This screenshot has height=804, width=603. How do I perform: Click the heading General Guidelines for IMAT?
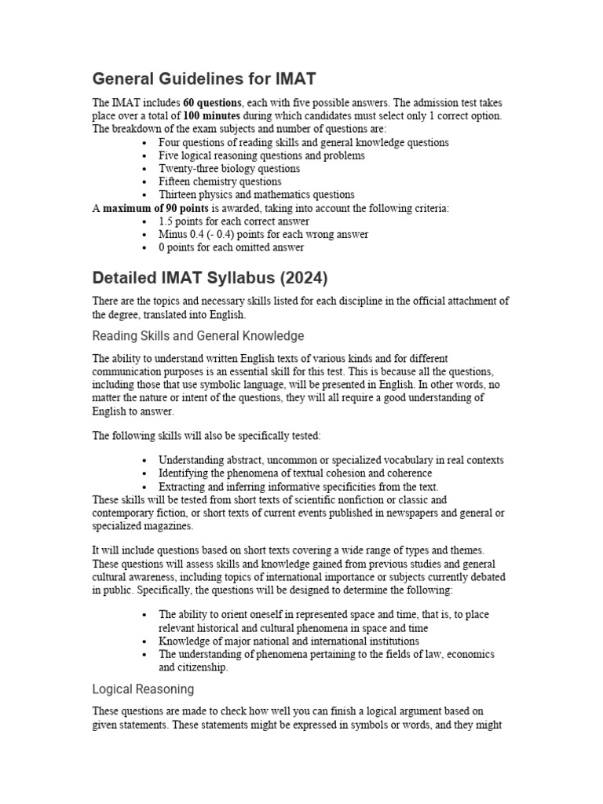(204, 79)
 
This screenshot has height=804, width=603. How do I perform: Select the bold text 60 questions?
(212, 104)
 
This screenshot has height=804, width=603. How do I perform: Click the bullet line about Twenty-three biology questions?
(228, 169)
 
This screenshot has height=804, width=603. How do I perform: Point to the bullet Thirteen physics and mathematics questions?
(256, 195)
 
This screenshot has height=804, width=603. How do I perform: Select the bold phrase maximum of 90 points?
(155, 208)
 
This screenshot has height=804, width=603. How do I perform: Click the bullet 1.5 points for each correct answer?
(233, 221)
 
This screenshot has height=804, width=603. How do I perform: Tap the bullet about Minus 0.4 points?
(252, 234)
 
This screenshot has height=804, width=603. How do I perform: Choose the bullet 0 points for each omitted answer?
(231, 247)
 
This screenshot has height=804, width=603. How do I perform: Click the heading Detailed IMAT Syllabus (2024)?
(210, 278)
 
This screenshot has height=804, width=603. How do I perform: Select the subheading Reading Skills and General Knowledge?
(198, 336)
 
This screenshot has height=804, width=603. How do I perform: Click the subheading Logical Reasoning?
(143, 689)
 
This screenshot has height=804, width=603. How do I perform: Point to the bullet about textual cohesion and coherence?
(295, 473)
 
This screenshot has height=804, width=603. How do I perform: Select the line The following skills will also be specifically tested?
(206, 436)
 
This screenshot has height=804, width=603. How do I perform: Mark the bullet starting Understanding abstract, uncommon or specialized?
(331, 460)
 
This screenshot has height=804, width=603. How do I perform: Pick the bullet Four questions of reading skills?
(303, 143)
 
